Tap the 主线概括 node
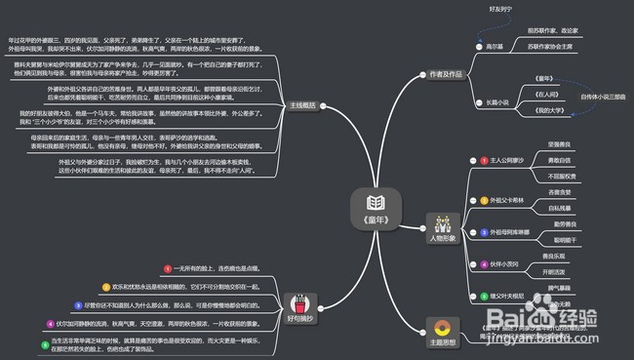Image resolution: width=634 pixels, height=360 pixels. click(x=302, y=104)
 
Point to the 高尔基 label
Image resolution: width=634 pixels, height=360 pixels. click(x=495, y=45)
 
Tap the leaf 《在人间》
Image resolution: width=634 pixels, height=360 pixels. click(x=548, y=95)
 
